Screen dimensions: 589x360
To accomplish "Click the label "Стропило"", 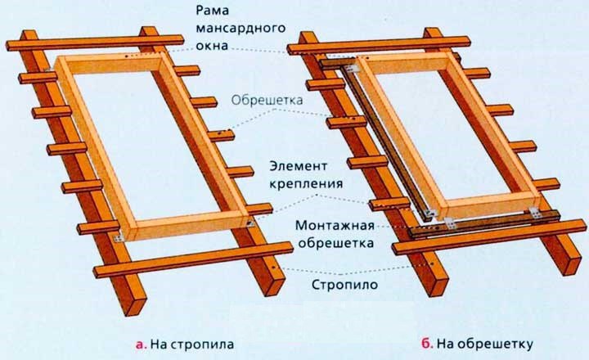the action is click(344, 285).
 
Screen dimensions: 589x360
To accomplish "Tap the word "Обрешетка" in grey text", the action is click(267, 101).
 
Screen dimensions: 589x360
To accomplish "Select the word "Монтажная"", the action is click(335, 226).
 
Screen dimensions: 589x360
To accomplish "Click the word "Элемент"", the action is click(299, 166).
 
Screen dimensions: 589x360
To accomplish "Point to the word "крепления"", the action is click(306, 184).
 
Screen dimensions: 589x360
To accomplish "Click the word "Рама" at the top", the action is click(212, 11).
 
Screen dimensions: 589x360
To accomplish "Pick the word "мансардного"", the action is click(241, 28).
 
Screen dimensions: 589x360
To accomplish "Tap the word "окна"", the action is click(212, 46).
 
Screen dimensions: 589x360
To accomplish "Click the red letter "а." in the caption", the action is click(141, 344).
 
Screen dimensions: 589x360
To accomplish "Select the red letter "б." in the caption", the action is click(427, 343).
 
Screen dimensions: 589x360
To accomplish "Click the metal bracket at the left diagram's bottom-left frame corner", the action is click(119, 238).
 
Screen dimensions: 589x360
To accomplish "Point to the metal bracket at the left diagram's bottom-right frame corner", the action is click(250, 223).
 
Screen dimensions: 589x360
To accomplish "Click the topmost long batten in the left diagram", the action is click(95, 43).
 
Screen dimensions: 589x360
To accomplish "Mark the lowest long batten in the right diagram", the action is click(489, 237).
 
